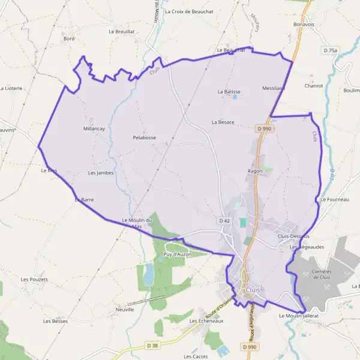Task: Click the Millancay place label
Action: (x=95, y=128)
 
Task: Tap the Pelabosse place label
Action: (x=145, y=137)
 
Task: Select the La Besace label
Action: (x=223, y=122)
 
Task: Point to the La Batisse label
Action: (x=229, y=92)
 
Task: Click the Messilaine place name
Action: (x=274, y=88)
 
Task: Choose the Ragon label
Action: (x=253, y=171)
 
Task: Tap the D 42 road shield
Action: (x=224, y=221)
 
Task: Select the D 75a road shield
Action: (x=330, y=51)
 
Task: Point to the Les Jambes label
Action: (x=101, y=173)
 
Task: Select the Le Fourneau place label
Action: (x=334, y=199)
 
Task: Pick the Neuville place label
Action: (x=125, y=309)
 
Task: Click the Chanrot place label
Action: (x=313, y=86)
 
